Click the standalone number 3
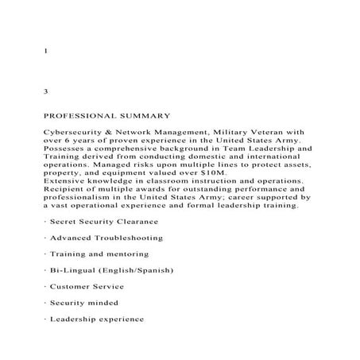coord(45,92)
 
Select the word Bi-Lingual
coord(72,270)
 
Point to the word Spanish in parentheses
coord(150,270)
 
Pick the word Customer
coord(72,286)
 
